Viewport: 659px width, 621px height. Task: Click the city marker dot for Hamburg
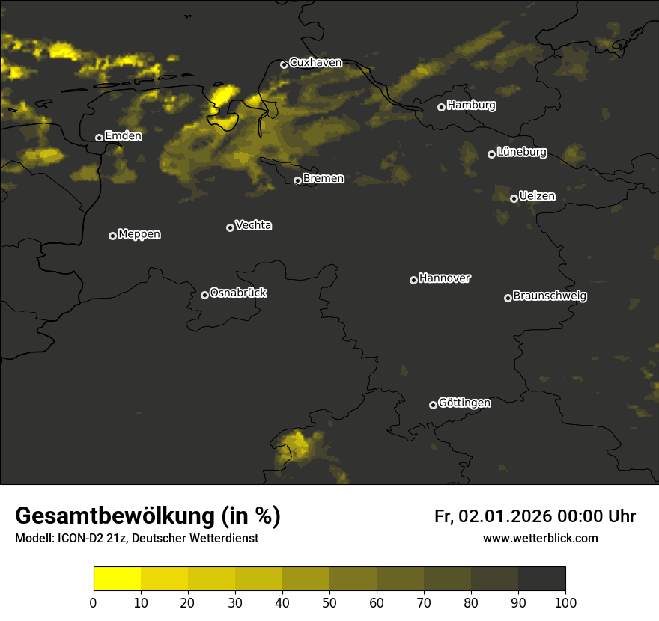coord(441,107)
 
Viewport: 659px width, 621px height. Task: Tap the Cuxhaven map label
coord(315,63)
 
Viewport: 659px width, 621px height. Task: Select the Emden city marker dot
coord(99,138)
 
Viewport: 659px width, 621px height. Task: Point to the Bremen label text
coord(324,179)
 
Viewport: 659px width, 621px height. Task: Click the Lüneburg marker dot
coord(491,154)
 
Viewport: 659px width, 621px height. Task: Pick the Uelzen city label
coord(537,196)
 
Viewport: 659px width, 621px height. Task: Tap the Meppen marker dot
coord(112,236)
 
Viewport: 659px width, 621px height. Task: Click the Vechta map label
coord(253,225)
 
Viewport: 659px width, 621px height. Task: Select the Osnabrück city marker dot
coord(204,295)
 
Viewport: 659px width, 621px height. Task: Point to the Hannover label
coord(445,278)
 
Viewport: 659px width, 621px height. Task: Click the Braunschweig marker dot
coord(508,298)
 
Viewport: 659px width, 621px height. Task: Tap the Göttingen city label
coord(464,403)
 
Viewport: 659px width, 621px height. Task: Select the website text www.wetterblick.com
coord(540,539)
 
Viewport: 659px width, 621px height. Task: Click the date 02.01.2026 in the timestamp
coord(505,516)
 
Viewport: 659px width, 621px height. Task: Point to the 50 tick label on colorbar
coord(329,602)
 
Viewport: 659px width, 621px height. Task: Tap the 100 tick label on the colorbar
coord(565,602)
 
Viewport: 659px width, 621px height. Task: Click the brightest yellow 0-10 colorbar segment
coord(117,579)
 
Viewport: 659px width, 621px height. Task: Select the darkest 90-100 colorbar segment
coord(541,579)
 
